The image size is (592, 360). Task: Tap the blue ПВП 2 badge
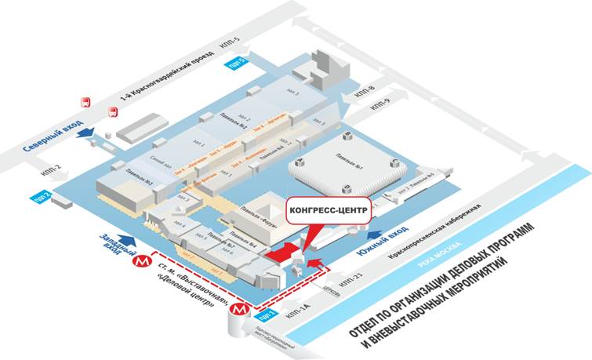tap(42, 195)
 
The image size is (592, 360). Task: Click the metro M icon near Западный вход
tap(142, 259)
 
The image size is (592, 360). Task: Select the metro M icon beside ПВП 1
tap(238, 311)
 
